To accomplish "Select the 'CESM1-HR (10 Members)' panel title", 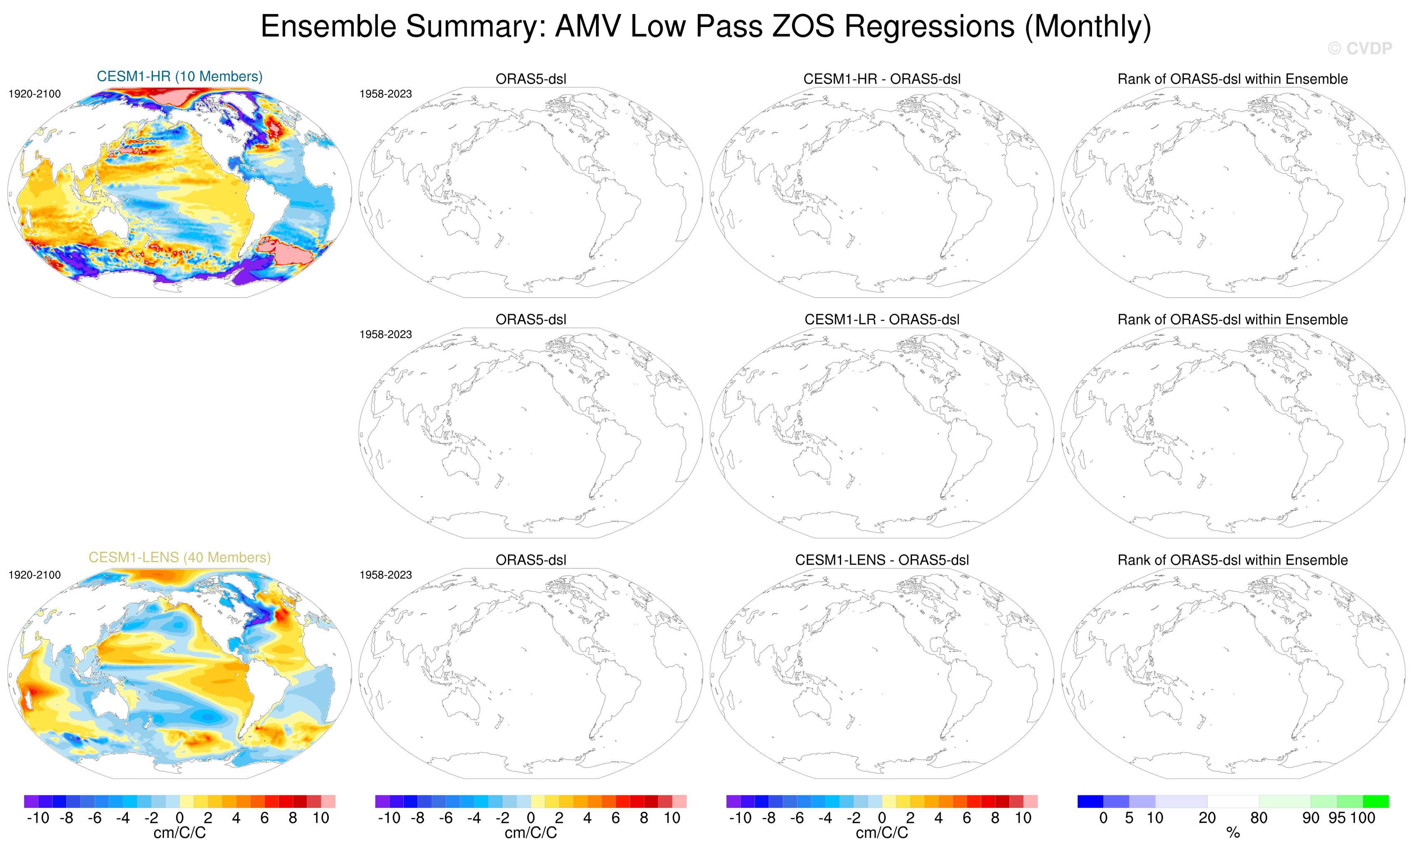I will (x=179, y=76).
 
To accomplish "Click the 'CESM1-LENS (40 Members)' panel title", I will (x=179, y=557).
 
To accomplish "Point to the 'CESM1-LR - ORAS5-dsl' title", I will (x=882, y=319).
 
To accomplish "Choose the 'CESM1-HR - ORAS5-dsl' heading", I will (x=882, y=79).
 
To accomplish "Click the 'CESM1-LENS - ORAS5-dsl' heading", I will (x=882, y=560).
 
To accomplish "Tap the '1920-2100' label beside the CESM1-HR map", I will (x=35, y=94).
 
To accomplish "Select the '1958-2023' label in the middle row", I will (x=385, y=334).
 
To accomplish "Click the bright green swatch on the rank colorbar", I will (x=1376, y=801).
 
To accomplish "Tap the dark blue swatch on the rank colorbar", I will (x=1090, y=801).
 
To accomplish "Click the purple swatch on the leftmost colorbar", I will (x=31, y=801).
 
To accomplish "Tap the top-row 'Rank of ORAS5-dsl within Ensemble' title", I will (x=1232, y=79).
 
